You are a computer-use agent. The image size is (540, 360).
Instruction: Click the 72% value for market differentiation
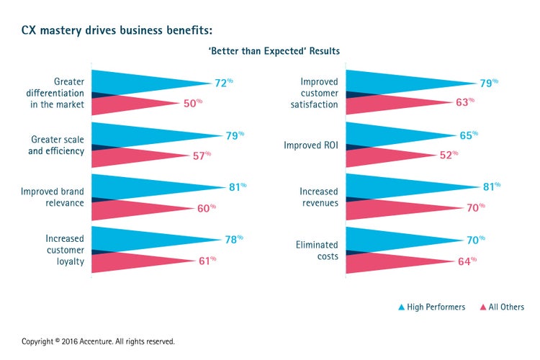[223, 83]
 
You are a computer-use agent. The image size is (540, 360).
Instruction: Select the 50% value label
[192, 104]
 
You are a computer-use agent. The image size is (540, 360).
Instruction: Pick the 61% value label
[207, 260]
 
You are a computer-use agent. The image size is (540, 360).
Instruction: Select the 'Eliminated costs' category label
[317, 250]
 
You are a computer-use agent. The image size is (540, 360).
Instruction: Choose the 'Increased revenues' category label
[319, 197]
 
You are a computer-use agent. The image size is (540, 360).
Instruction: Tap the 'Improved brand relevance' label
[52, 197]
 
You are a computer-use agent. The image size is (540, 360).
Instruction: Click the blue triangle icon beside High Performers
[401, 307]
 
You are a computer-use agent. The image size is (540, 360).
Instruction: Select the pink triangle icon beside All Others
[482, 307]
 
